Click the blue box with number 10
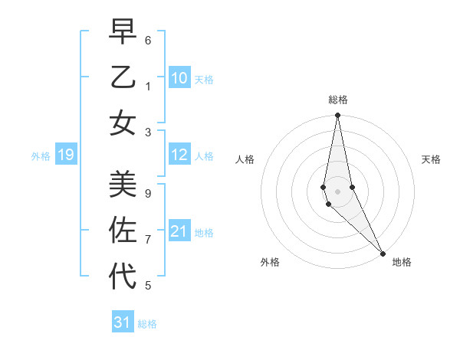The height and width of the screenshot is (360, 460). tap(179, 78)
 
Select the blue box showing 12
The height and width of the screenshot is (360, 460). tap(179, 155)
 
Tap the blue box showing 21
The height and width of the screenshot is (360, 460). tap(179, 231)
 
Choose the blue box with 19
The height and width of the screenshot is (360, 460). tap(66, 155)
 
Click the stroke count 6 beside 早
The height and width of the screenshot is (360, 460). tap(148, 39)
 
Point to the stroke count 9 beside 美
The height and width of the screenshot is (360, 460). tap(148, 193)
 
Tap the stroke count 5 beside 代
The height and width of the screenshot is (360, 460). tap(148, 286)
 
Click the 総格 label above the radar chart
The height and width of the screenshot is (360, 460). tap(338, 100)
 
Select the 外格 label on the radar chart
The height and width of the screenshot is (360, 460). tap(270, 262)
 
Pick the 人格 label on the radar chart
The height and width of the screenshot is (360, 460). tap(245, 159)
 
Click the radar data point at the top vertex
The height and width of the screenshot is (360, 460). tap(337, 116)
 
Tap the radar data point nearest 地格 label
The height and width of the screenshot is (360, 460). tap(383, 253)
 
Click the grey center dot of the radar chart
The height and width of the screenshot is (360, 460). tap(337, 191)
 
